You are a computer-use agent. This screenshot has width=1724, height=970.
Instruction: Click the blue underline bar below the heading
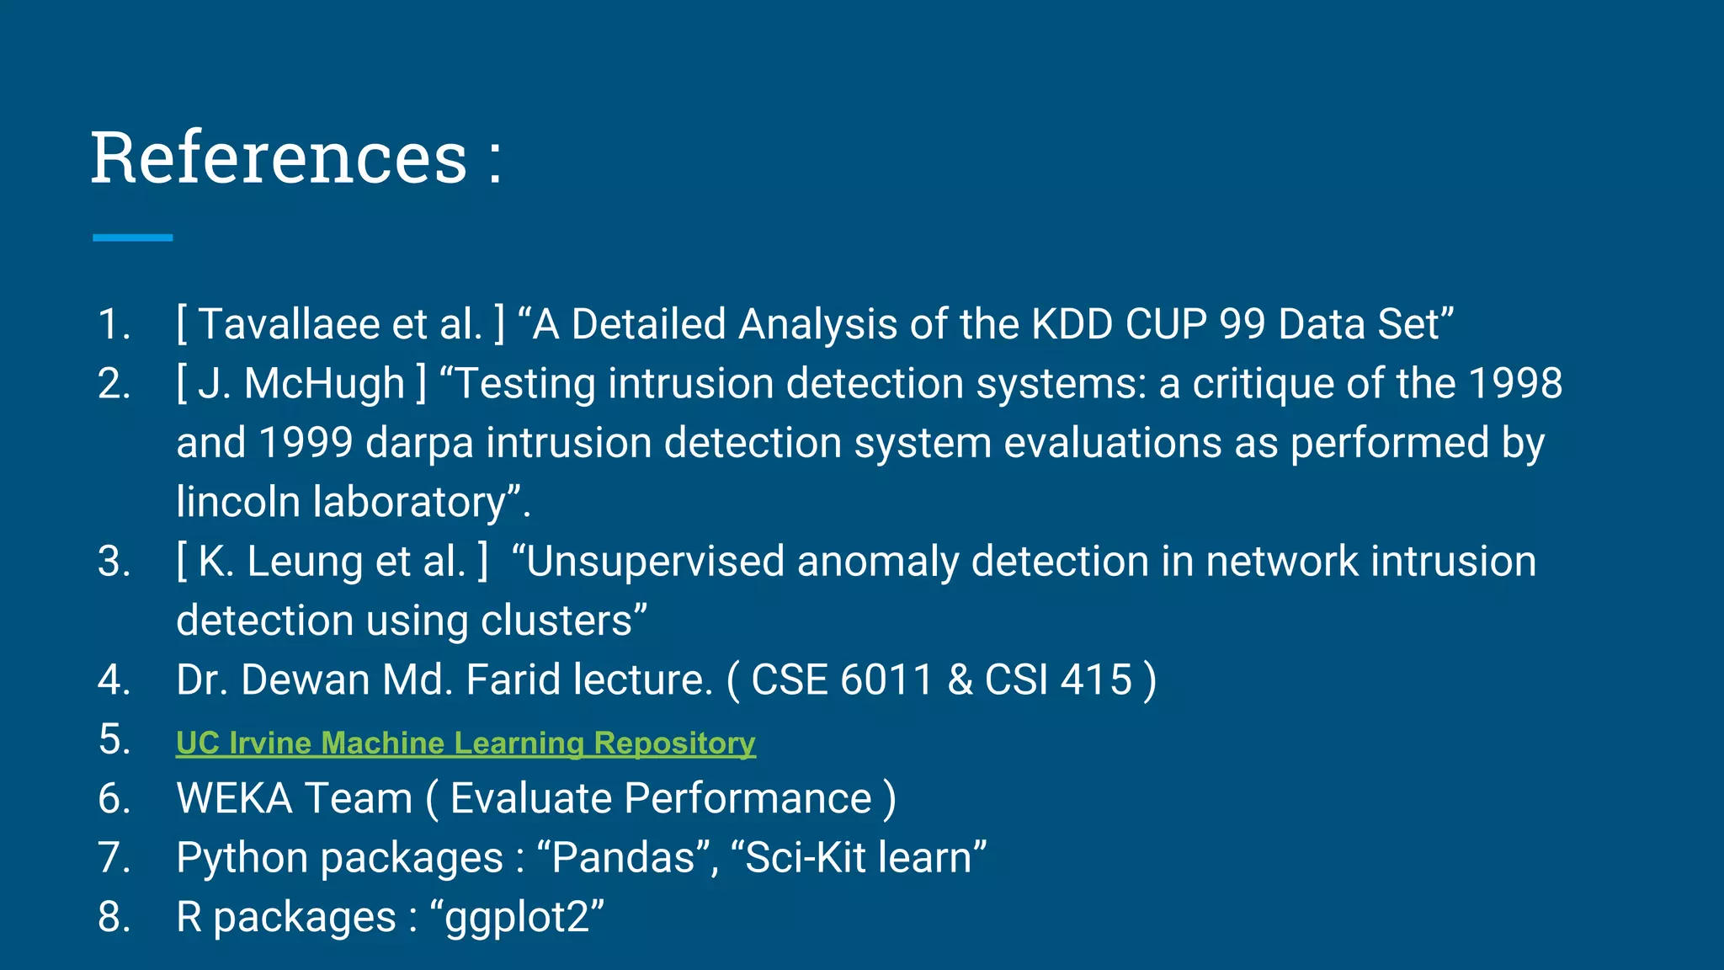pos(132,237)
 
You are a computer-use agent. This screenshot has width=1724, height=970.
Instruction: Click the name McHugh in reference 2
pos(324,384)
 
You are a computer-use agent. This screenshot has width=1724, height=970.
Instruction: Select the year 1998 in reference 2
pos(1515,384)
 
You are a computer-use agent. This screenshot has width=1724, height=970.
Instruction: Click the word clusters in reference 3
pos(556,621)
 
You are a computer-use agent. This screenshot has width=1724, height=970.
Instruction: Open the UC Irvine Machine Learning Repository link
pos(466,743)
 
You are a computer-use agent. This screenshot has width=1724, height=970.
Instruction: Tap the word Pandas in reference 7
pos(624,858)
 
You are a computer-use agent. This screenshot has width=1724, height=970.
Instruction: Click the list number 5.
pos(114,739)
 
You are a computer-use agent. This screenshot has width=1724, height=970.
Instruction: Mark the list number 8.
pos(114,918)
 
